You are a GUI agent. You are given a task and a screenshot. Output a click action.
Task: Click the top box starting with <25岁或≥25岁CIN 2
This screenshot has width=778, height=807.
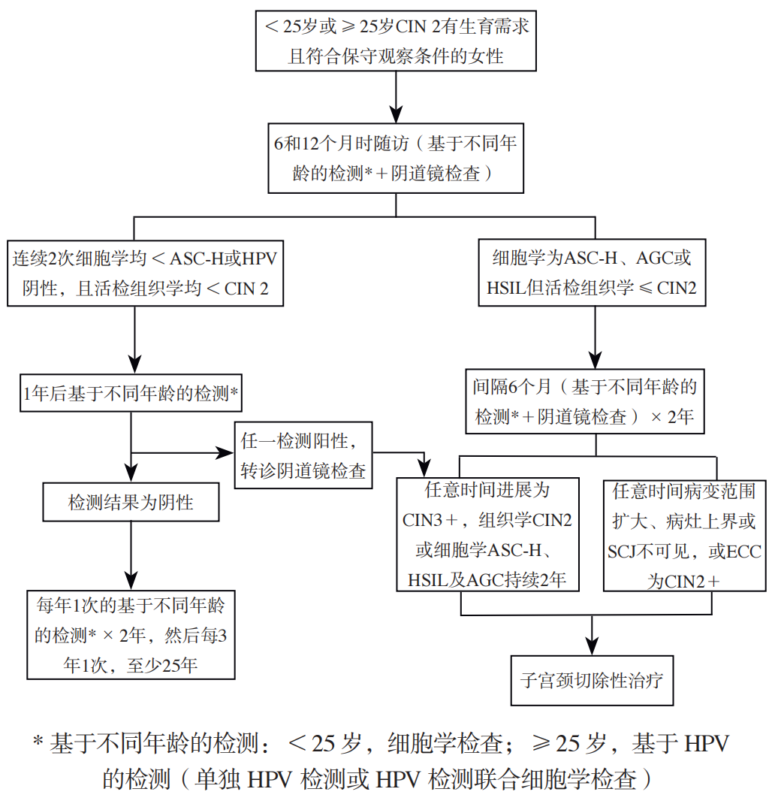click(x=396, y=41)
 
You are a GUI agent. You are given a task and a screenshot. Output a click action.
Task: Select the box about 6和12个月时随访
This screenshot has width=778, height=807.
click(x=396, y=157)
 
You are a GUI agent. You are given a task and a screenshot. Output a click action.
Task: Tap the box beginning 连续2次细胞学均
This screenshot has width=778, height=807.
click(x=145, y=274)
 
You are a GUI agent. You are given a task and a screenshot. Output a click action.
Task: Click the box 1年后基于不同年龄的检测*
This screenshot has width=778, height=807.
click(x=131, y=393)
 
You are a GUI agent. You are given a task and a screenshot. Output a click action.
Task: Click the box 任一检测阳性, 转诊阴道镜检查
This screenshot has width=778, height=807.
click(x=303, y=455)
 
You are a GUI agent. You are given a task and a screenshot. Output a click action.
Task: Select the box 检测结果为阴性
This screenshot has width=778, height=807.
click(x=131, y=502)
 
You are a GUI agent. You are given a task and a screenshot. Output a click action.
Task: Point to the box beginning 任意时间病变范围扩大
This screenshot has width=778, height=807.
click(x=684, y=535)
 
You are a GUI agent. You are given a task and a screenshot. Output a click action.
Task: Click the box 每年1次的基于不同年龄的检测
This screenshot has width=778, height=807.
click(x=131, y=635)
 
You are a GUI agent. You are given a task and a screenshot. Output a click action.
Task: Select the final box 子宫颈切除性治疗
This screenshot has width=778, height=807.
click(x=592, y=681)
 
